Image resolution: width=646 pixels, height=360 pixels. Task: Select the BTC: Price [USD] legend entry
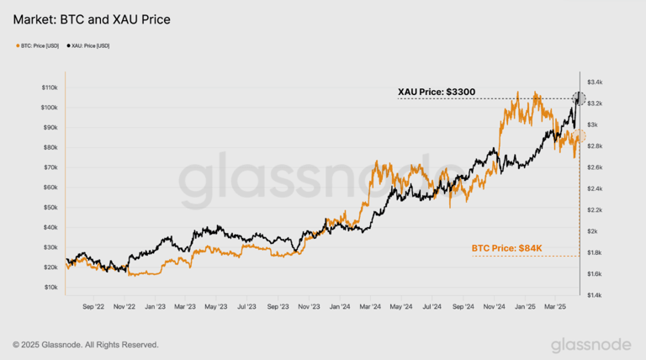click(40, 45)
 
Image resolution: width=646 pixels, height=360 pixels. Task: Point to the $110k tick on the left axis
click(49, 87)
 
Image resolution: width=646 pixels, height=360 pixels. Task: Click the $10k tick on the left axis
click(50, 287)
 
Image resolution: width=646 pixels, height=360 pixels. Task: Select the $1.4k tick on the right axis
click(595, 295)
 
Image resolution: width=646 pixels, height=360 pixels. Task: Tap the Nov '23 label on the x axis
click(310, 307)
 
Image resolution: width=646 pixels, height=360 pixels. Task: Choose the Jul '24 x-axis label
click(432, 307)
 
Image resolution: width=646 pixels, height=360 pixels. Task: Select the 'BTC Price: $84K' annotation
click(506, 248)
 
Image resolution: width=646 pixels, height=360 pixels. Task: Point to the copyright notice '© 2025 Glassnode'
click(85, 344)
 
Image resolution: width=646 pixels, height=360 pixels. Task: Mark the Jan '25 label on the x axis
click(525, 307)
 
